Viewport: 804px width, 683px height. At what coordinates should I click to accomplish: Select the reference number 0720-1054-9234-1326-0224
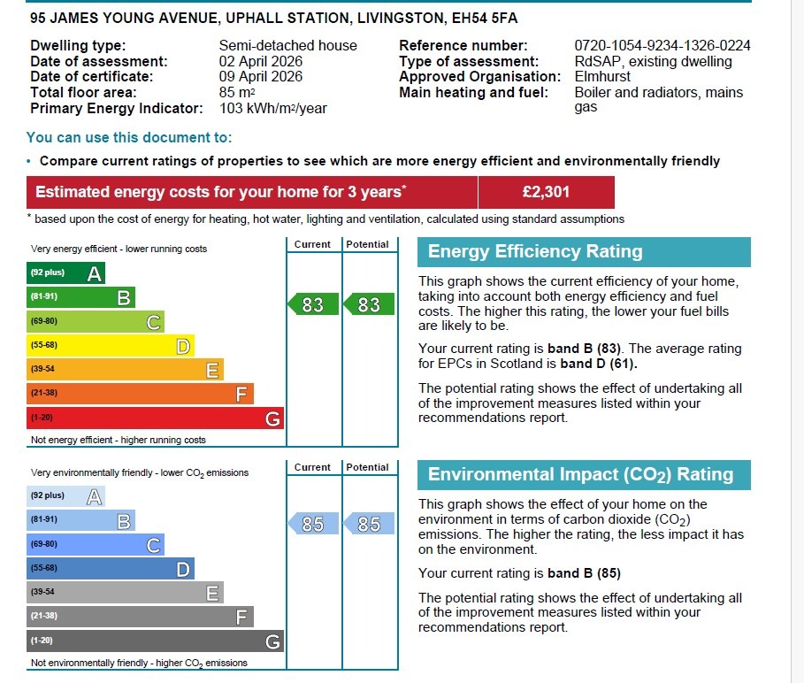pyautogui.click(x=662, y=46)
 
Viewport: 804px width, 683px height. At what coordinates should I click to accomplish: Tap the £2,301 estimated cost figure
pyautogui.click(x=546, y=192)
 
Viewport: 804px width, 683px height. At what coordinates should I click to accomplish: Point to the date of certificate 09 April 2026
pyautogui.click(x=261, y=77)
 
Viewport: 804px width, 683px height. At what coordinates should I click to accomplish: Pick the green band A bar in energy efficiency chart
pyautogui.click(x=65, y=273)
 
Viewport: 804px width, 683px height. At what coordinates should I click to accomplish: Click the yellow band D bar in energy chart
pyautogui.click(x=111, y=346)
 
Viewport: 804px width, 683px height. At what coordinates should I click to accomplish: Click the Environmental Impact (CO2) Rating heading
pyautogui.click(x=580, y=475)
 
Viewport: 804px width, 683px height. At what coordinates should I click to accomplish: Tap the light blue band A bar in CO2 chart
pyautogui.click(x=65, y=496)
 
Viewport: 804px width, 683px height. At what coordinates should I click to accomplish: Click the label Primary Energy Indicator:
pyautogui.click(x=116, y=109)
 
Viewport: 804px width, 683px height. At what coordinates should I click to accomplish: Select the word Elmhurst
pyautogui.click(x=602, y=77)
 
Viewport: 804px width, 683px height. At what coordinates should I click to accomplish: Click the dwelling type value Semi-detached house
pyautogui.click(x=287, y=46)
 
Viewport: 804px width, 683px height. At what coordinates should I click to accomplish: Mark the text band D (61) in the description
pyautogui.click(x=598, y=364)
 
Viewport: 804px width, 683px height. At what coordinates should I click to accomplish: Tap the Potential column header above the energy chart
pyautogui.click(x=368, y=244)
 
